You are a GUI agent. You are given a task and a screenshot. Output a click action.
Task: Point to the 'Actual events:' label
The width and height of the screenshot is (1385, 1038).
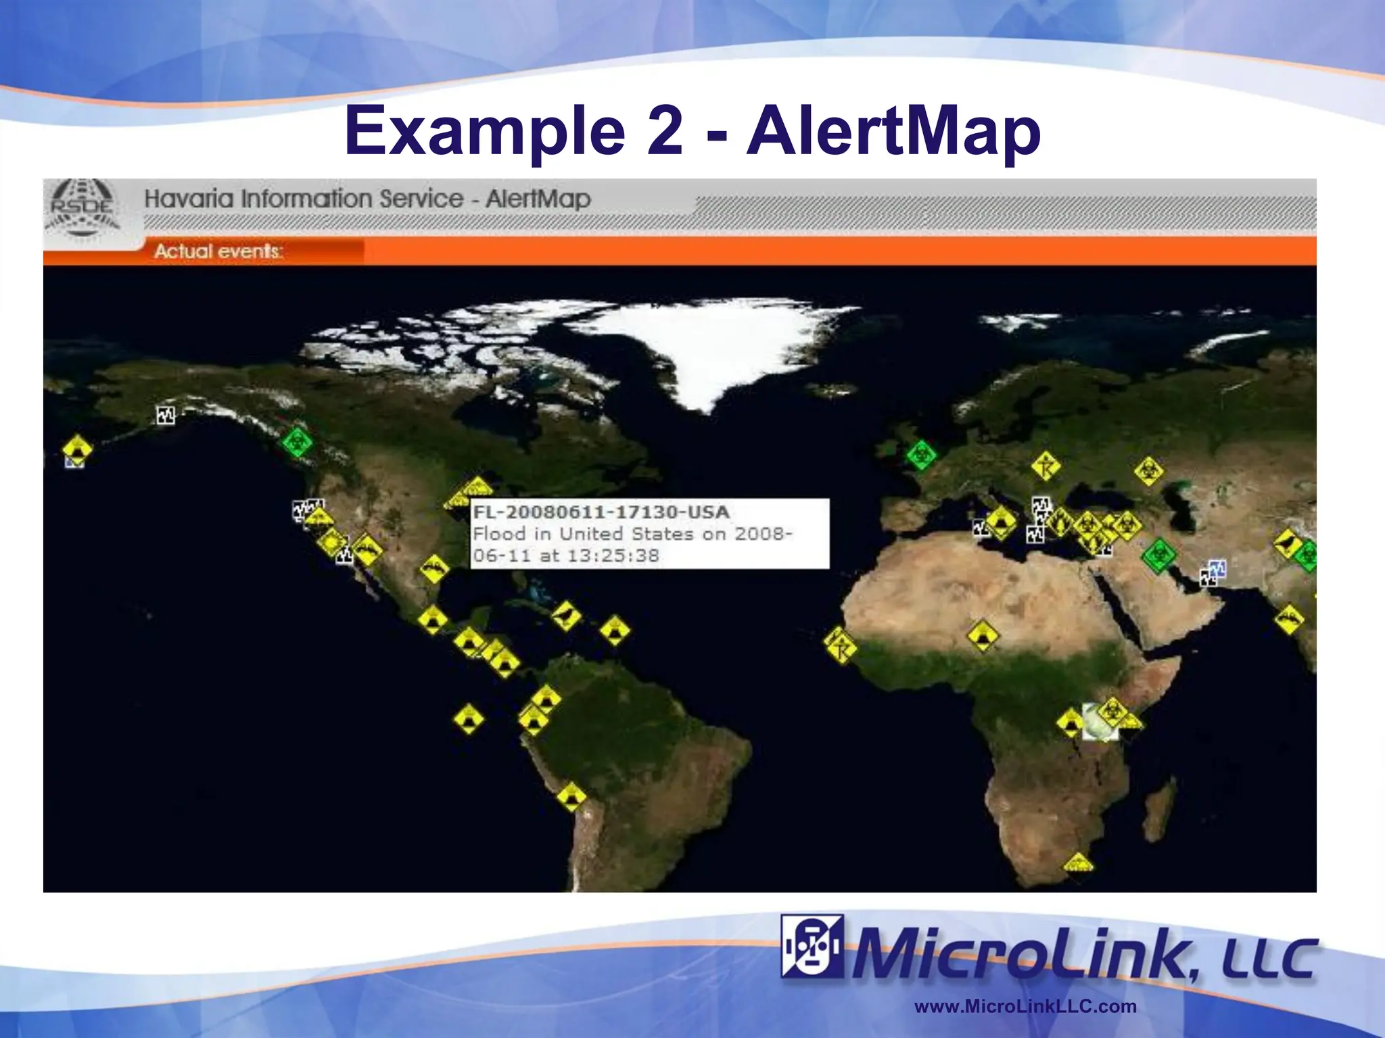click(218, 251)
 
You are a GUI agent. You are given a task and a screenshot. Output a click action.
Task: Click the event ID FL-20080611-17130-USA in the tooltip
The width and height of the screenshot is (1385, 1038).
click(601, 512)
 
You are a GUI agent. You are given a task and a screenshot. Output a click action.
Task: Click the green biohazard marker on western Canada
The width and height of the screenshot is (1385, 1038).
click(296, 443)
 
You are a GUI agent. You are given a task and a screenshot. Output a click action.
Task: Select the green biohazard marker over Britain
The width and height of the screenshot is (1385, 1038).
click(921, 455)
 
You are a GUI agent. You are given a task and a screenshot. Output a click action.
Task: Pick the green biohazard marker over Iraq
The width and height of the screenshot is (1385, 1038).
click(1158, 555)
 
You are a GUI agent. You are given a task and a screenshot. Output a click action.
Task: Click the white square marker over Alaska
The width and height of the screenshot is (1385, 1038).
click(166, 414)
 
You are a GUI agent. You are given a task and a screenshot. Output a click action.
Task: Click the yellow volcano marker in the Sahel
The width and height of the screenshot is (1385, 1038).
click(982, 635)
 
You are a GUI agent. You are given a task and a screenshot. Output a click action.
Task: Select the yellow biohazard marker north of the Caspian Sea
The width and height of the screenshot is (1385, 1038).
click(1148, 471)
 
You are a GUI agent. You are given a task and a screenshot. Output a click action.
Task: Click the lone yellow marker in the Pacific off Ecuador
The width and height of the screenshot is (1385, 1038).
click(469, 718)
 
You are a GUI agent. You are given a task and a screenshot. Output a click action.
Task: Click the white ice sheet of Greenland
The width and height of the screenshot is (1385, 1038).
click(703, 345)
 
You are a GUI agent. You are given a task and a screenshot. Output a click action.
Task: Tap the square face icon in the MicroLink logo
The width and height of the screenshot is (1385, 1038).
click(811, 946)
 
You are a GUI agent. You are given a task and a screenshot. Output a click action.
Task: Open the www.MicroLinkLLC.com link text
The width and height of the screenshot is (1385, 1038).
click(1025, 1006)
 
